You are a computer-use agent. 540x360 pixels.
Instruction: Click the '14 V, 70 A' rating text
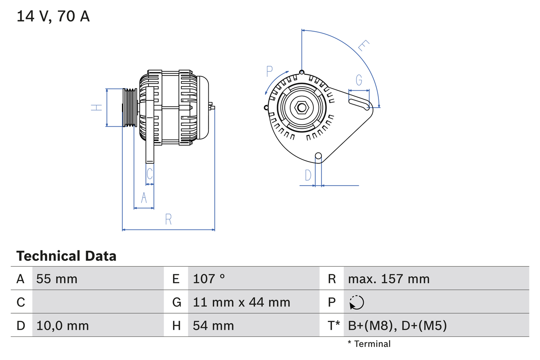point(53,16)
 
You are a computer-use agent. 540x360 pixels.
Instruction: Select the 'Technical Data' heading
point(66,256)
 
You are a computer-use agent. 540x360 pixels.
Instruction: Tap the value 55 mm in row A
point(57,279)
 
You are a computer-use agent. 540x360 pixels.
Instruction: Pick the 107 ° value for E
point(209,279)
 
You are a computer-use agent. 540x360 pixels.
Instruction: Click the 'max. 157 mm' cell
point(389,279)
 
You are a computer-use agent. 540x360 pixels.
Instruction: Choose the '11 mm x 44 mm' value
point(241,302)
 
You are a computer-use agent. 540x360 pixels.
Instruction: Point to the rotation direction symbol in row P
point(356,302)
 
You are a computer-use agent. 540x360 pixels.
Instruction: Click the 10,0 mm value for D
point(62,325)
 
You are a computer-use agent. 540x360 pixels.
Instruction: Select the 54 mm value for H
point(213,325)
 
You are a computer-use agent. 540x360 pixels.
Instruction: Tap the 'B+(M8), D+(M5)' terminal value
point(397,325)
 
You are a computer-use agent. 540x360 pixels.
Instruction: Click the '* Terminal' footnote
point(369,344)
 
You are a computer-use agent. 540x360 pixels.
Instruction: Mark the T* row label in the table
point(334,325)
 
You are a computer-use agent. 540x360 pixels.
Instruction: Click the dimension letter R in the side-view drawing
point(168,219)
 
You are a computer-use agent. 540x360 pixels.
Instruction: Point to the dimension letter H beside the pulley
point(97,107)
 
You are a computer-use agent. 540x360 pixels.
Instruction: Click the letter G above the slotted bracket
point(359,80)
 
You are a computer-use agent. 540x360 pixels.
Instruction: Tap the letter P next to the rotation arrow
point(270,72)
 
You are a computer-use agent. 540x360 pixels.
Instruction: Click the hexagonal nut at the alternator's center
point(301,107)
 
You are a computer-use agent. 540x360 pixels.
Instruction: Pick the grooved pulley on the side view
point(130,107)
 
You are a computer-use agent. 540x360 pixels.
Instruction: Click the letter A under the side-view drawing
point(144,198)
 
